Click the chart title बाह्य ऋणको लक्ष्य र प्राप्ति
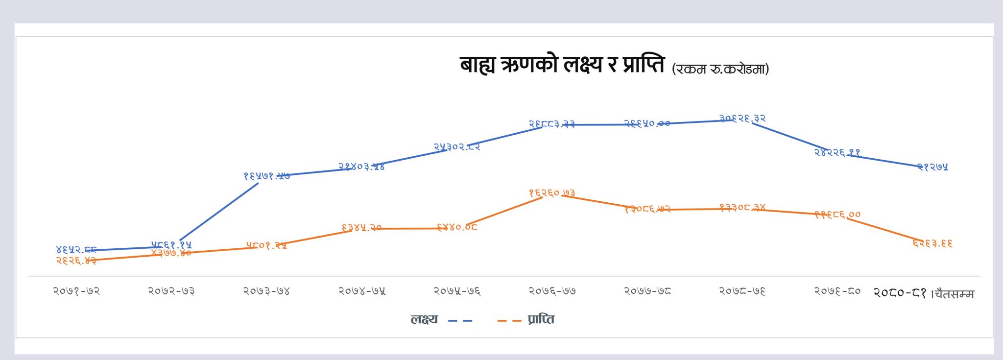click(562, 65)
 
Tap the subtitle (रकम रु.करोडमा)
click(720, 69)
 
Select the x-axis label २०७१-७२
click(76, 291)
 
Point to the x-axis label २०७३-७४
click(266, 291)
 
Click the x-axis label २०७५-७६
click(457, 291)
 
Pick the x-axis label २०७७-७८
click(647, 291)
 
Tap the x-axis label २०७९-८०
click(837, 291)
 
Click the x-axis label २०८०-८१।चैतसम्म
click(924, 293)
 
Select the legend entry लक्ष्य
click(424, 320)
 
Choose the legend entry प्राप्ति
click(541, 320)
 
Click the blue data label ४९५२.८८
click(76, 250)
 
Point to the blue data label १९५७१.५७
click(266, 176)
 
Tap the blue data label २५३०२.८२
click(457, 146)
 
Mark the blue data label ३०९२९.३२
click(742, 119)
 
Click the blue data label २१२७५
click(932, 167)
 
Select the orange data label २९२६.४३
click(76, 261)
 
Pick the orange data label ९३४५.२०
click(361, 228)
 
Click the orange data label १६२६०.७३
click(552, 193)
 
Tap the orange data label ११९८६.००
click(837, 215)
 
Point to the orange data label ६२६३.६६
click(932, 243)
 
